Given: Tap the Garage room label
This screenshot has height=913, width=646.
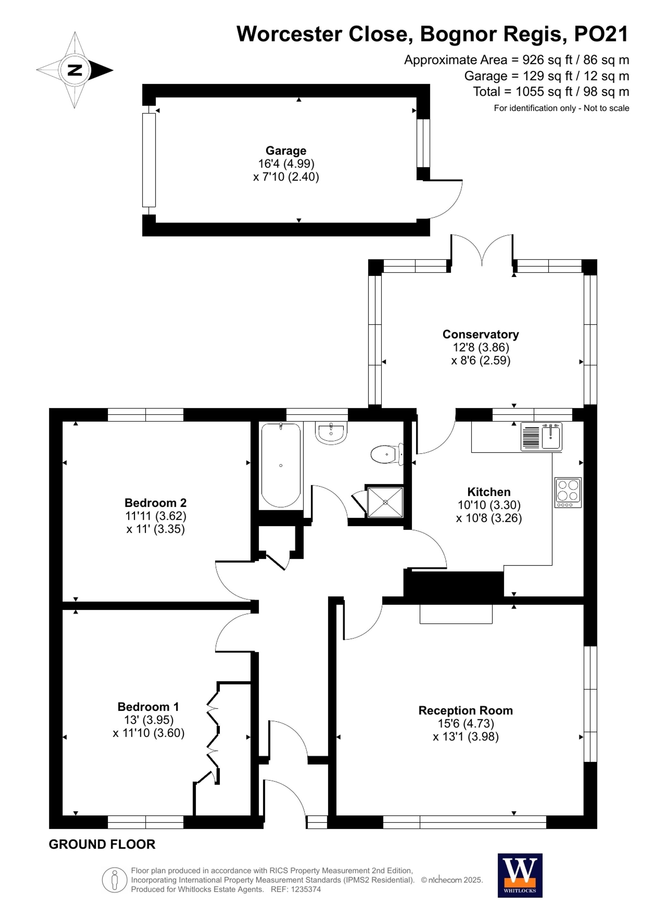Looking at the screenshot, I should point(286,151).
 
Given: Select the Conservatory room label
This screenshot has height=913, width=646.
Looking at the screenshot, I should point(481,334).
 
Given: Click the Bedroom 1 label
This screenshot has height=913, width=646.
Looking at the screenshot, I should point(148,707).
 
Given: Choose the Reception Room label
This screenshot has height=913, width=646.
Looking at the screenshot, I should point(465,711).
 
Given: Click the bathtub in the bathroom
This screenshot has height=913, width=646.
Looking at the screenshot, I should point(281,465).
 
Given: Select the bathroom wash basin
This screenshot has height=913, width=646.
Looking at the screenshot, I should point(331,433).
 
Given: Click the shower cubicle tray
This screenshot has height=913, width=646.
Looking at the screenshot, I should point(385,502).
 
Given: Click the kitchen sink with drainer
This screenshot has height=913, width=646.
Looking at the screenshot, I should point(541,436).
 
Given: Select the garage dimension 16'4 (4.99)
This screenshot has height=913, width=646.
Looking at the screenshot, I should point(286,163).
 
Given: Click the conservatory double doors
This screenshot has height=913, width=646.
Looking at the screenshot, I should point(482,251).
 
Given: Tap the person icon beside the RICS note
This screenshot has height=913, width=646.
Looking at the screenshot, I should point(115,880).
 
